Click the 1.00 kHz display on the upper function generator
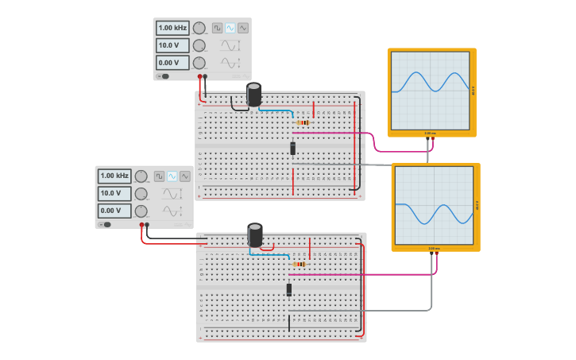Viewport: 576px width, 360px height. [172, 28]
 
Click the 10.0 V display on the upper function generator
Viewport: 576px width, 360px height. [172, 45]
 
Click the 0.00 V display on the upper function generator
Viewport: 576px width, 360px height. [172, 63]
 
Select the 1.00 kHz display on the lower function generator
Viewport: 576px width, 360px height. [114, 176]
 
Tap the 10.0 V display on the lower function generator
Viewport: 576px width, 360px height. [114, 193]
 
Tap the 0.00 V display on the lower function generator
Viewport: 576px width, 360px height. [114, 211]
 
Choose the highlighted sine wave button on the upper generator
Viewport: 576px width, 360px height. [230, 28]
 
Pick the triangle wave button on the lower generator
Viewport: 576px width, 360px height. [185, 176]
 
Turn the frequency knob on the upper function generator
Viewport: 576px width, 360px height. [199, 28]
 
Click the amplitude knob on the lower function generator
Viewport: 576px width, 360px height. [141, 193]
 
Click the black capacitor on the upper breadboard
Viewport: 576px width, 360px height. [254, 95]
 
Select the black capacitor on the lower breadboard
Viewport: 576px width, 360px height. [255, 234]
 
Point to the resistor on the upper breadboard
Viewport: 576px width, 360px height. [303, 122]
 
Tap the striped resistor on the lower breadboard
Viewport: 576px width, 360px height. [300, 264]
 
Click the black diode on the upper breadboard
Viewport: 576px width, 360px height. [293, 148]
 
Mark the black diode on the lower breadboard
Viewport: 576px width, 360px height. [289, 290]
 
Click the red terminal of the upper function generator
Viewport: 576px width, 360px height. [199, 77]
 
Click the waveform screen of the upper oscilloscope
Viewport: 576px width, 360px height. [431, 91]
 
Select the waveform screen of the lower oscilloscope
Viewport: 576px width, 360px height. [435, 206]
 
